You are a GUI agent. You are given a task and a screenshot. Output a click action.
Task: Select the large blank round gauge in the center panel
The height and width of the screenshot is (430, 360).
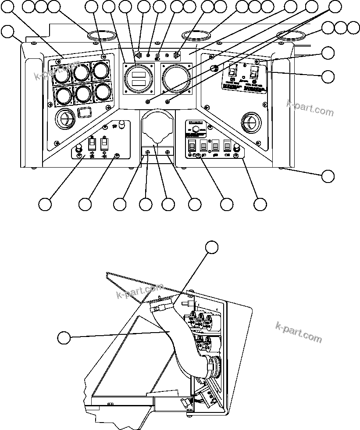pos(175,78)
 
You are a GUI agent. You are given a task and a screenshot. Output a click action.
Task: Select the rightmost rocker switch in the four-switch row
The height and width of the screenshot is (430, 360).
pos(227,145)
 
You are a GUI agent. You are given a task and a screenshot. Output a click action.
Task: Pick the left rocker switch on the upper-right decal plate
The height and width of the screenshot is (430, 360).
pos(234,71)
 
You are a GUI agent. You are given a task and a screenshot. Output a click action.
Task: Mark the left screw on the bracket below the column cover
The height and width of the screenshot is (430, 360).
pos(148,152)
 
